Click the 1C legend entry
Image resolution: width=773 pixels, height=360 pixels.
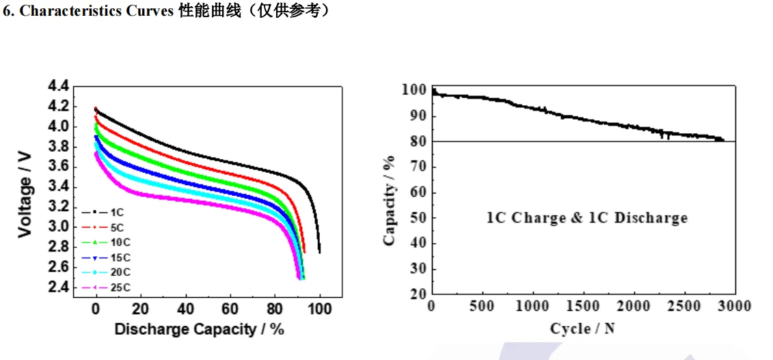pos(116,212)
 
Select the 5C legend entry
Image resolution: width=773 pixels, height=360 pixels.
pos(116,227)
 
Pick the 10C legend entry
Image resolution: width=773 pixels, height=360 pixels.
pos(119,242)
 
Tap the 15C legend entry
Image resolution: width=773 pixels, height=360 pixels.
pos(119,257)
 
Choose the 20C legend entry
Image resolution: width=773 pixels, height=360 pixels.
pos(119,272)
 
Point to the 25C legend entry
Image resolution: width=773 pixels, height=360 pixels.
pos(119,287)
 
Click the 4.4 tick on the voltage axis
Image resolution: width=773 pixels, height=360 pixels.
pos(58,87)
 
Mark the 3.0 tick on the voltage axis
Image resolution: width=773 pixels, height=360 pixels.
pos(58,227)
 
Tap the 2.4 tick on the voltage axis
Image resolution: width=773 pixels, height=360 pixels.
pos(58,287)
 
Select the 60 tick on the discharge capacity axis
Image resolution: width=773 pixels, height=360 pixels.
pos(230,309)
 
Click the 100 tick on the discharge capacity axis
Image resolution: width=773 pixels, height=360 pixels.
pos(319,309)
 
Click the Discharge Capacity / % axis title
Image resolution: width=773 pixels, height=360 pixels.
pos(199,329)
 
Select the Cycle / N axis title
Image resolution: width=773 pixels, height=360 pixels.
pos(582,329)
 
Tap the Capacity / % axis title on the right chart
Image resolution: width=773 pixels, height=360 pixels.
pos(390,201)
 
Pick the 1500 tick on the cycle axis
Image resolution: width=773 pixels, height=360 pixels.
pos(582,306)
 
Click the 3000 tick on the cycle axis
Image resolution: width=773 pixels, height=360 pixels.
pos(735,306)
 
